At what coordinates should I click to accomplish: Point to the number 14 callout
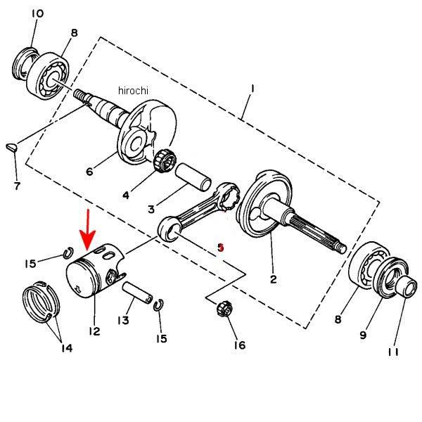tap(67, 347)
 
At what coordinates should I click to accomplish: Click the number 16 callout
tap(239, 345)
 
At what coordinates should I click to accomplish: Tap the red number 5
tap(220, 247)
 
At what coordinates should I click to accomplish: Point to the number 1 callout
tap(252, 89)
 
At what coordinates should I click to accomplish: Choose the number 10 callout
tap(37, 13)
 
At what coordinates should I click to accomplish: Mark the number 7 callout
tap(17, 186)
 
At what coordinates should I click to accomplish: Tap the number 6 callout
tap(89, 171)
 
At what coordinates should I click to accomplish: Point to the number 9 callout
tap(363, 335)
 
